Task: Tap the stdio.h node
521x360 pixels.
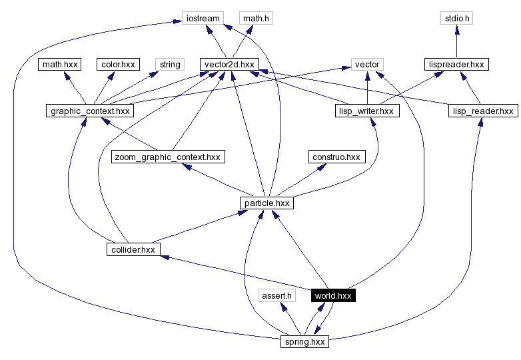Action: [x=456, y=18]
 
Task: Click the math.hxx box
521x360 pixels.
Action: [x=60, y=65]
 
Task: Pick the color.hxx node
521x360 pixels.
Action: [x=117, y=65]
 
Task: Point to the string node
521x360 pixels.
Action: [x=169, y=65]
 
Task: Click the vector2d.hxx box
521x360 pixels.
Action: [x=229, y=65]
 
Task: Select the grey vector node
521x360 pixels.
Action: [x=366, y=65]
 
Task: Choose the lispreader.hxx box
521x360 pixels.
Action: [x=456, y=65]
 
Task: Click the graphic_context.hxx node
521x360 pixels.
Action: [x=89, y=111]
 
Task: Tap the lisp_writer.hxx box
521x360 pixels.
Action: [x=366, y=111]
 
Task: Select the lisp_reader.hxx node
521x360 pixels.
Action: [x=482, y=111]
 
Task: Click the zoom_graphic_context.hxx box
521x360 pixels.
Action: [x=167, y=157]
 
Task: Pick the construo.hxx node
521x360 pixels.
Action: [x=336, y=157]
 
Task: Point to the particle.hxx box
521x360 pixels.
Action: [x=266, y=203]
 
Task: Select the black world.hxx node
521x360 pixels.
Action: [x=332, y=295]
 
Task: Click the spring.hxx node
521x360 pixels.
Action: [x=304, y=341]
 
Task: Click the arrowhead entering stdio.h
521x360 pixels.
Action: [x=456, y=29]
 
